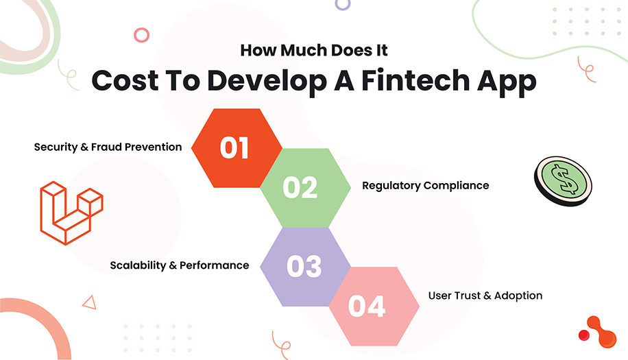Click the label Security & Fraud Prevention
tap(108, 147)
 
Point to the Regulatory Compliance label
tap(425, 185)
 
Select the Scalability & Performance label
tap(179, 265)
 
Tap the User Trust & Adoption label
tap(485, 296)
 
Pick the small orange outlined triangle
tap(88, 301)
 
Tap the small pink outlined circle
tap(142, 35)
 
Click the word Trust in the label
tap(468, 296)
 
